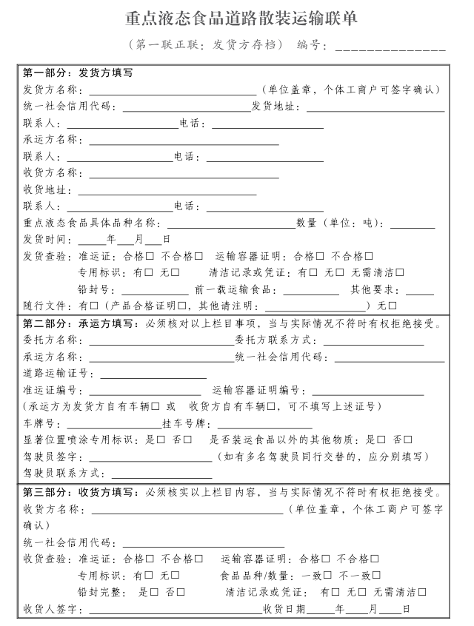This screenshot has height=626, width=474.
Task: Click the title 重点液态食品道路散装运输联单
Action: click(x=241, y=18)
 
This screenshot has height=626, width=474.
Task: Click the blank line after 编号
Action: click(x=390, y=46)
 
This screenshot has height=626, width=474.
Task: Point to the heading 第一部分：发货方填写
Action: click(x=78, y=73)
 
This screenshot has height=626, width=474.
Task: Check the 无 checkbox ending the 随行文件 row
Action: click(x=393, y=306)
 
